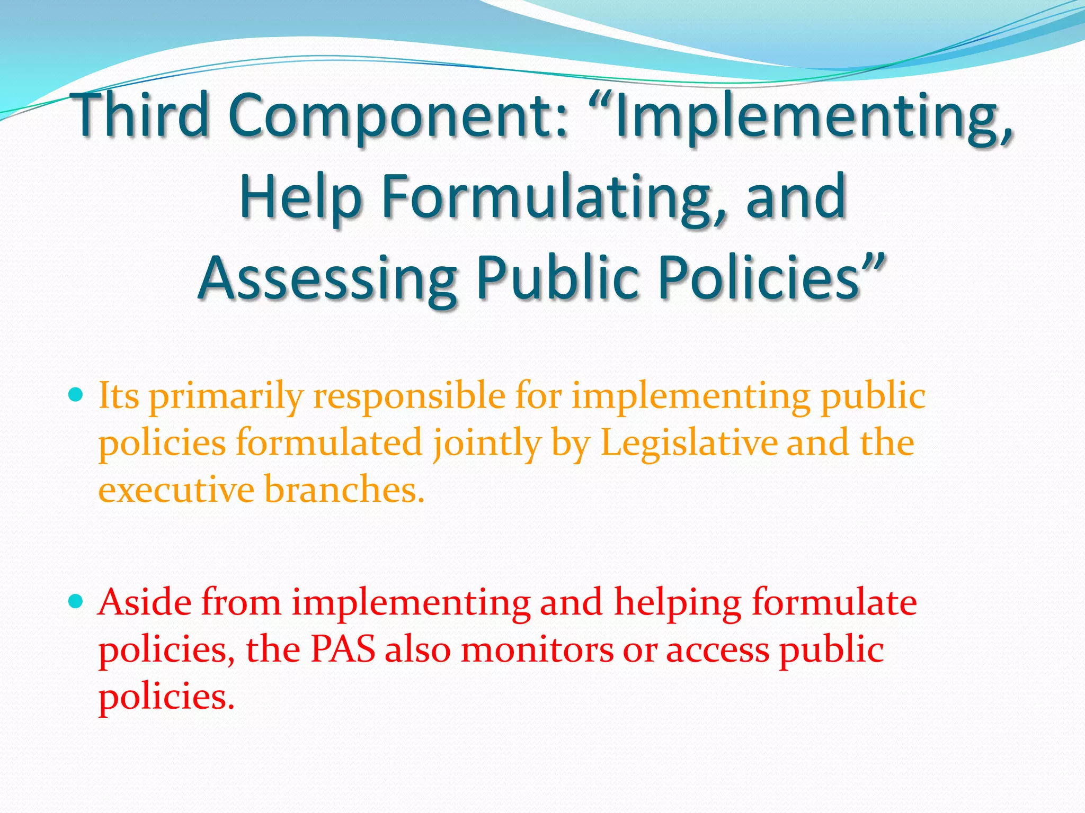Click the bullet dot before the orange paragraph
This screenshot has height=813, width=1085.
(76, 395)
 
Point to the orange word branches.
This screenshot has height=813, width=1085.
(344, 489)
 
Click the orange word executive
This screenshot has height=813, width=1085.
(176, 489)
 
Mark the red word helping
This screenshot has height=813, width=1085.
(677, 603)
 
